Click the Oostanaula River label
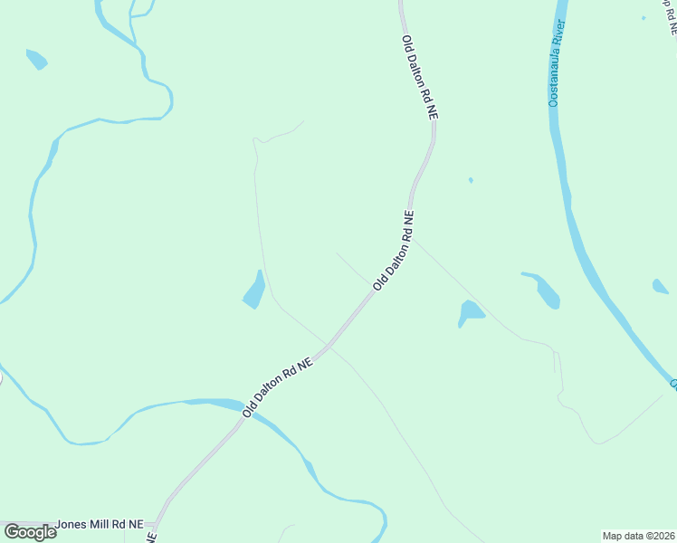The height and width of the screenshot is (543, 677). [558, 62]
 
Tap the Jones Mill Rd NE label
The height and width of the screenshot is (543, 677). [100, 524]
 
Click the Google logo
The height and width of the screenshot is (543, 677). [30, 532]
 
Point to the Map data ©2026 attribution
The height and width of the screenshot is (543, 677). [638, 536]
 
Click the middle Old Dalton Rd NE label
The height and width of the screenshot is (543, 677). [394, 251]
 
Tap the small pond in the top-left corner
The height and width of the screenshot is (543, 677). [36, 60]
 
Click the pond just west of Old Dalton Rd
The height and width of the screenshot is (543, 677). [254, 291]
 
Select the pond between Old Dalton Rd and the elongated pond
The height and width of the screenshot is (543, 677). [470, 312]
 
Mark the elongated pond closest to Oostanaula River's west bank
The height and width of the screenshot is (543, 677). [545, 289]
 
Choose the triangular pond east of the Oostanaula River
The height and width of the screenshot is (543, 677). [661, 287]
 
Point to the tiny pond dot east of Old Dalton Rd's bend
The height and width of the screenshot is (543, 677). [471, 180]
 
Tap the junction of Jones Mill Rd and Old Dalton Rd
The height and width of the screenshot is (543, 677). [157, 524]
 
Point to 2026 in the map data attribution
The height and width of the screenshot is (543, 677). [662, 536]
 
